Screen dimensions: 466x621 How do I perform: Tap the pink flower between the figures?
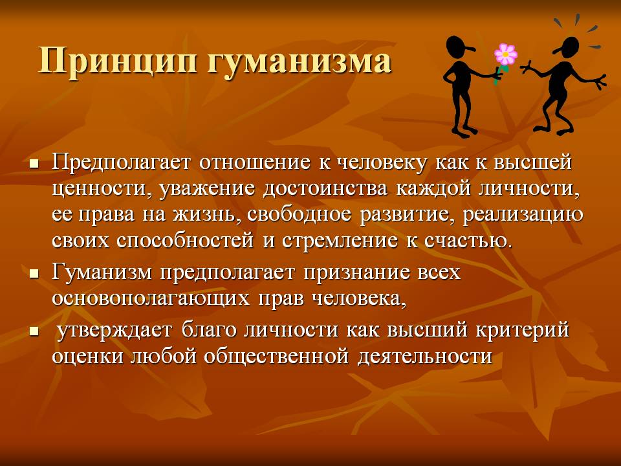(505, 54)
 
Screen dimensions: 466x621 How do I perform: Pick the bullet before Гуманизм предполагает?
(35, 274)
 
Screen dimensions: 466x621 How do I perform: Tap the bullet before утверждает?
(35, 331)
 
